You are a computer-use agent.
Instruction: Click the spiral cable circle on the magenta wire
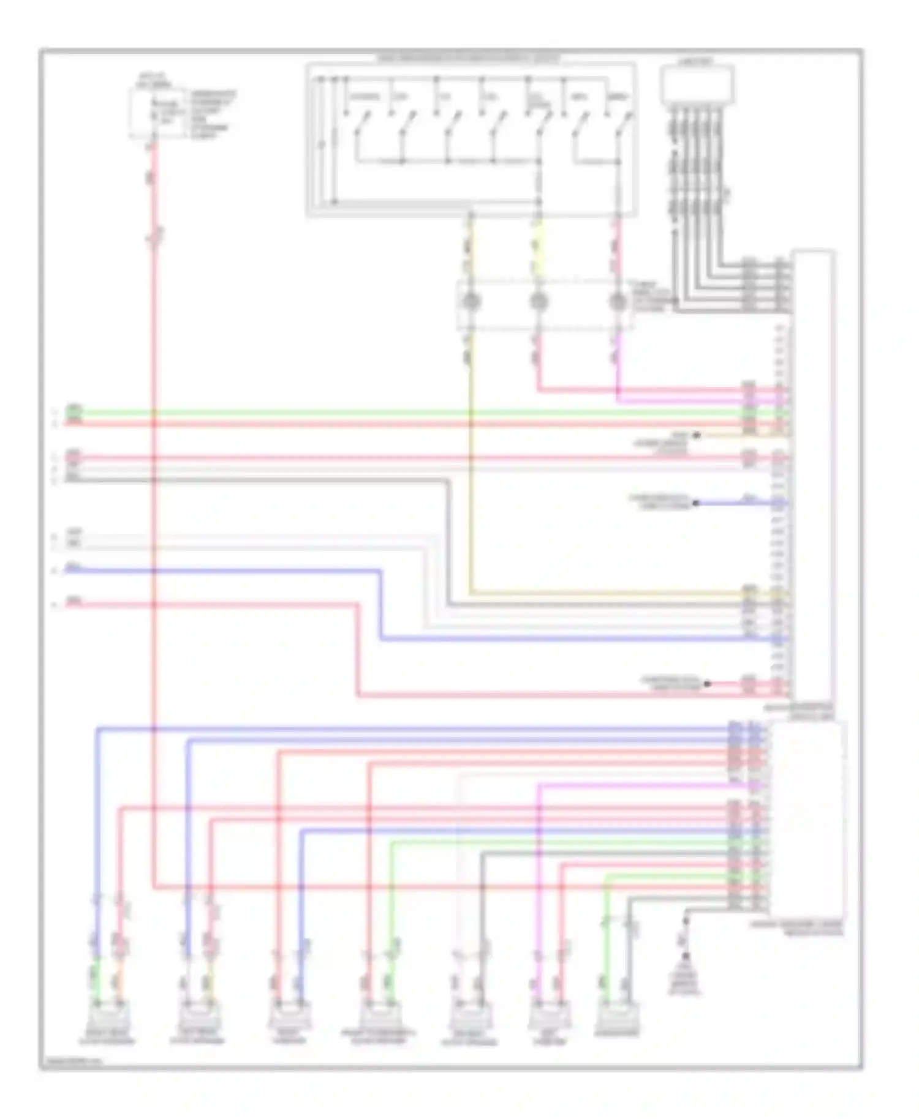click(618, 302)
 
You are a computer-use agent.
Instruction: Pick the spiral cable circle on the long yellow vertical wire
click(471, 302)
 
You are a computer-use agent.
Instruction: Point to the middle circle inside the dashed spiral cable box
click(539, 302)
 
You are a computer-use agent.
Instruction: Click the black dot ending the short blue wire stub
click(696, 503)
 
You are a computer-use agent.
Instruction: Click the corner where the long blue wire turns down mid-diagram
click(380, 571)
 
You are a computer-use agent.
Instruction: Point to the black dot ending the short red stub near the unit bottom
click(707, 683)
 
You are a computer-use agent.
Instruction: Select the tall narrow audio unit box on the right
click(813, 477)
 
